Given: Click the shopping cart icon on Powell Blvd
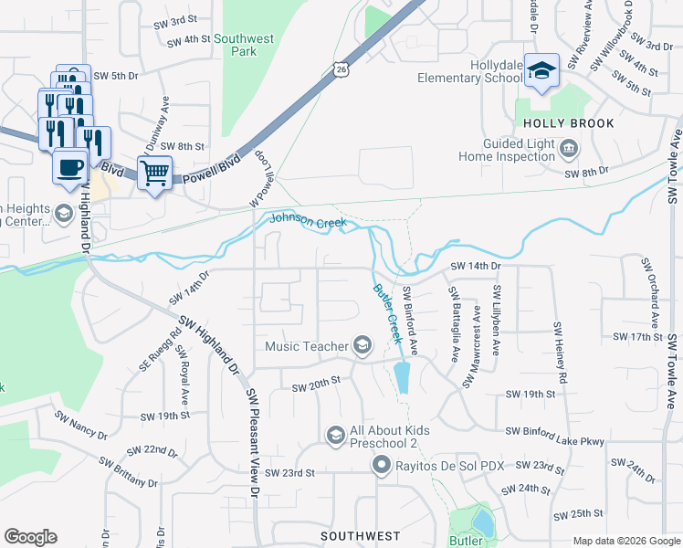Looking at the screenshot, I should [154, 171].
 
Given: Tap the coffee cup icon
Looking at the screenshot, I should [70, 166].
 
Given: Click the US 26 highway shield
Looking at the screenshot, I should [340, 68].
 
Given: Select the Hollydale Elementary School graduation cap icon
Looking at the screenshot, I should [541, 70].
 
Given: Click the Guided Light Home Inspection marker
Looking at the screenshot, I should [569, 148].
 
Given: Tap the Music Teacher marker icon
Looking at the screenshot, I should [363, 345].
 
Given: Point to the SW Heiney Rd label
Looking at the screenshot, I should [559, 352].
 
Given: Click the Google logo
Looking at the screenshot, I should [30, 537].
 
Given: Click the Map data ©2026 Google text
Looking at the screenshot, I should [625, 541].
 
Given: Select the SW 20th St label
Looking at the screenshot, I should [316, 387].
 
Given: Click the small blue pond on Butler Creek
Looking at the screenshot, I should [402, 375].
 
